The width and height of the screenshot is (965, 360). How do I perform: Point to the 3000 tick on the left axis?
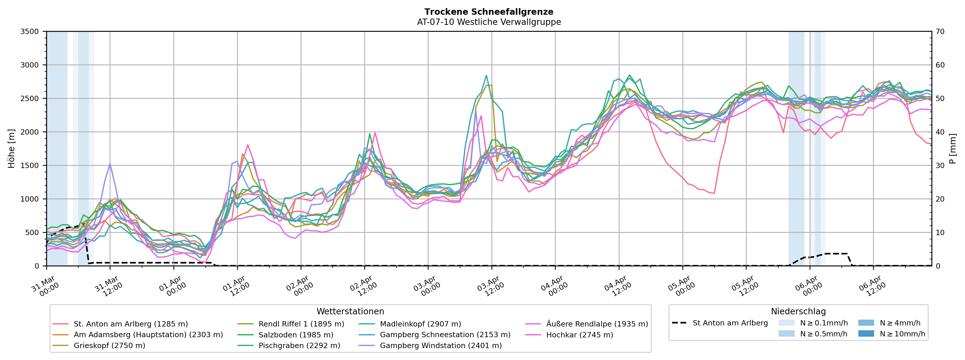pos(30,65)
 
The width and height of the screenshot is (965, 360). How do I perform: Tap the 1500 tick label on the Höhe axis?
pos(30,166)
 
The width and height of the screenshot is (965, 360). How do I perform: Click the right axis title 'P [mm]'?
pos(953,149)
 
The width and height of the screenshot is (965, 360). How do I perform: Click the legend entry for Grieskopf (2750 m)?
pos(109,345)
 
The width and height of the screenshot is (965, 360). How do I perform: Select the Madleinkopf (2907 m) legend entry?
pos(420,324)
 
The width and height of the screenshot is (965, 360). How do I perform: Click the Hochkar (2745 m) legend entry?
pos(580,335)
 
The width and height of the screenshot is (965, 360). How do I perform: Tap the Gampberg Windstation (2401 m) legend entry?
pos(440,345)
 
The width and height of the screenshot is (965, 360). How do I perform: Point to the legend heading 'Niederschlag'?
pos(798,311)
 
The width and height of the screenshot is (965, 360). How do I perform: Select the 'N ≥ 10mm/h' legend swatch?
pos(866,333)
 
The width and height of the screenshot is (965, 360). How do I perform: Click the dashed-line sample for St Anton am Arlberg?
pos(679,323)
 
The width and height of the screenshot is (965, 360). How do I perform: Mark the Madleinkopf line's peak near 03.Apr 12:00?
pos(486,75)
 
